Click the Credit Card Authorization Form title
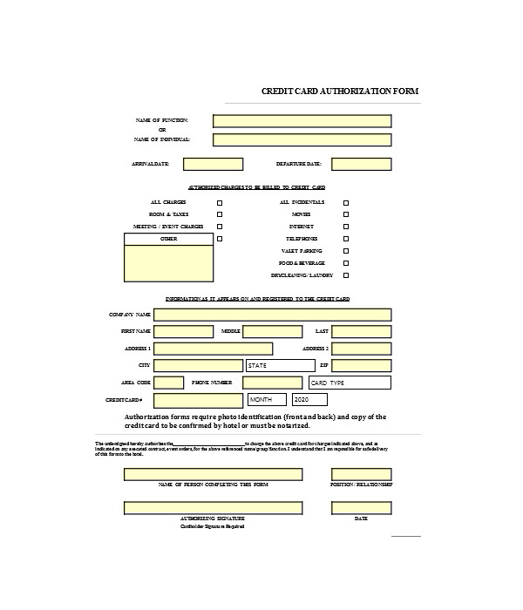[341, 90]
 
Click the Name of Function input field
[302, 121]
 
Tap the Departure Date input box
[361, 164]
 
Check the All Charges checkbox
[220, 202]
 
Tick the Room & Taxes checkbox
[220, 214]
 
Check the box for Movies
[346, 214]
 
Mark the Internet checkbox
[346, 227]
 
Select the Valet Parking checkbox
[346, 251]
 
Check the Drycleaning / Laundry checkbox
[346, 275]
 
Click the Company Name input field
[273, 315]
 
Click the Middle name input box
[272, 332]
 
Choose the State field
[280, 366]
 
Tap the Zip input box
[361, 366]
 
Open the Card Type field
[350, 383]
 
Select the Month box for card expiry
[267, 399]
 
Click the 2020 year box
[309, 399]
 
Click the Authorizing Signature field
[220, 508]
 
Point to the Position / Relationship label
[361, 485]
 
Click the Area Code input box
[169, 383]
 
